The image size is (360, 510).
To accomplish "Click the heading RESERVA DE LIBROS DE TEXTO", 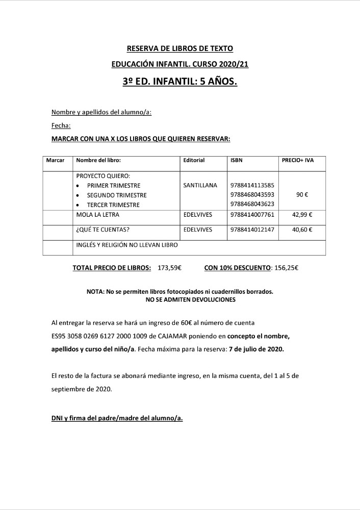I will click(x=179, y=48).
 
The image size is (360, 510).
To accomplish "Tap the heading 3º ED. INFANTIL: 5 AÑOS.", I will click(x=180, y=82).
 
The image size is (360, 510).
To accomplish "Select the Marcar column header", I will click(x=55, y=160).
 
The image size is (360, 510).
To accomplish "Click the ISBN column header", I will click(x=237, y=160).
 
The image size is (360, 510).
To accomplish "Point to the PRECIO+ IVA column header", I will click(x=298, y=160).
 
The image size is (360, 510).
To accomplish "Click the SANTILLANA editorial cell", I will click(x=200, y=185).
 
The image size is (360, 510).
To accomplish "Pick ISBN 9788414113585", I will click(x=252, y=185).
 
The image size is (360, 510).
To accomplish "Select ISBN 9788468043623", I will click(x=252, y=205).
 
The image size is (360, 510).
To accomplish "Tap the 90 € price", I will click(x=302, y=195).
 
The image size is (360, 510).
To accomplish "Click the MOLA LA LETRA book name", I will click(x=97, y=215).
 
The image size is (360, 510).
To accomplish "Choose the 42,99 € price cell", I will click(x=302, y=215).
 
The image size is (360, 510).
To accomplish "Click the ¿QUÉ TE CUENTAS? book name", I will click(x=102, y=229).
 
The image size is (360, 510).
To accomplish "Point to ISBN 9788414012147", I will click(x=252, y=229).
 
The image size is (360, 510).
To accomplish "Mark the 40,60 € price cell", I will click(x=302, y=229).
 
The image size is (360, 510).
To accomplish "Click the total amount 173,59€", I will click(x=170, y=267).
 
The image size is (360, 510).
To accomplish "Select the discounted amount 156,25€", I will click(x=286, y=267).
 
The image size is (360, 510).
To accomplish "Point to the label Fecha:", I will click(x=61, y=125).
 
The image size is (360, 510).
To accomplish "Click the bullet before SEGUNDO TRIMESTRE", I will click(x=77, y=195).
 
